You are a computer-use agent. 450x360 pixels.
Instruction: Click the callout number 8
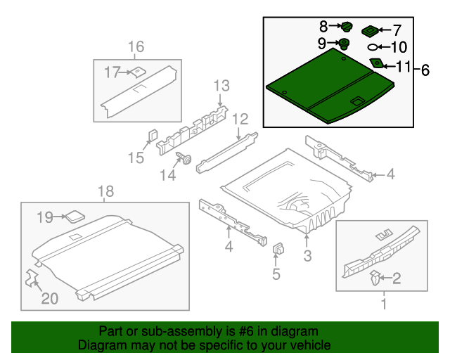pyautogui.click(x=323, y=27)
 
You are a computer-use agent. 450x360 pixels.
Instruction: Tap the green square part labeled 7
pyautogui.click(x=369, y=31)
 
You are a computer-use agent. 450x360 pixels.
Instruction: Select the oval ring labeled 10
pyautogui.click(x=373, y=48)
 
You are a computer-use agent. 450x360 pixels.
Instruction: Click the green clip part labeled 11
pyautogui.click(x=378, y=64)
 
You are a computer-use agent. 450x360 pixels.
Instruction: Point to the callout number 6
pyautogui.click(x=425, y=70)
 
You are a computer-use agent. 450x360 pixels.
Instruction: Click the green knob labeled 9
pyautogui.click(x=345, y=44)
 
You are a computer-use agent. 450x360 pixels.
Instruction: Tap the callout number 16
pyautogui.click(x=136, y=47)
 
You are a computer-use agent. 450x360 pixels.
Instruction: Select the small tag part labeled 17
pyautogui.click(x=138, y=71)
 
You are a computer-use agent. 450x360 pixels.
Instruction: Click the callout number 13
pyautogui.click(x=221, y=86)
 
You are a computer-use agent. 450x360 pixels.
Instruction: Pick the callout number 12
pyautogui.click(x=240, y=119)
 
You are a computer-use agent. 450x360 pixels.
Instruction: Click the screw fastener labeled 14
pyautogui.click(x=187, y=158)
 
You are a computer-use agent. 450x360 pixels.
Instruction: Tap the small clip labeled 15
pyautogui.click(x=151, y=134)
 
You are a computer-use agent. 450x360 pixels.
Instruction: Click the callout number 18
pyautogui.click(x=105, y=191)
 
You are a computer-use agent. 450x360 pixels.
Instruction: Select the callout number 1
pyautogui.click(x=383, y=304)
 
